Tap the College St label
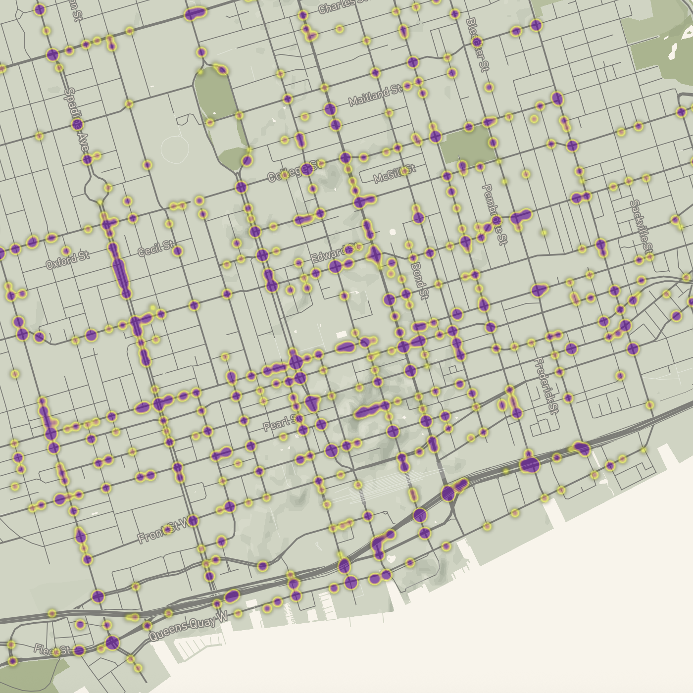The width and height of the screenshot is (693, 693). point(295,170)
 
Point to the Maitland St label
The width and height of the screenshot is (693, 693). point(375,95)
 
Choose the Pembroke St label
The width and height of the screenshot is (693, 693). point(495,214)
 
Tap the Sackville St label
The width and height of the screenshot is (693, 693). point(642,226)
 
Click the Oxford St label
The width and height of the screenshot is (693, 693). point(68,260)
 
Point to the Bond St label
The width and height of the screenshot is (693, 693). point(419,280)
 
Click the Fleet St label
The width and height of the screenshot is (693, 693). point(52,650)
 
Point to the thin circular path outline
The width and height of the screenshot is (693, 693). point(175,147)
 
